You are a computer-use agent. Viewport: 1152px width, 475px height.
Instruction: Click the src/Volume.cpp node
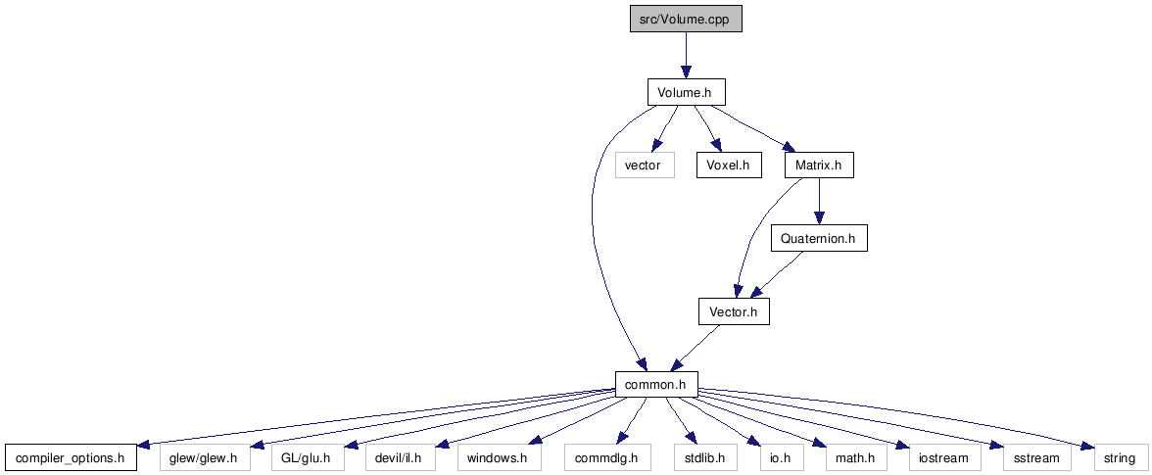686,20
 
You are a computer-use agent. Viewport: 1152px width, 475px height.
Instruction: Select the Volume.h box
686,93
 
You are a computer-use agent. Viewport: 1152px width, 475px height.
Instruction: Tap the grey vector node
645,166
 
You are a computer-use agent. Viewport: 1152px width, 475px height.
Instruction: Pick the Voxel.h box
729,166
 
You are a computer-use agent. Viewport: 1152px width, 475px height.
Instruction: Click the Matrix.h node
819,166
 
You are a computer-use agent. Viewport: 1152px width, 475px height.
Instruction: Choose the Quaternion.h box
819,238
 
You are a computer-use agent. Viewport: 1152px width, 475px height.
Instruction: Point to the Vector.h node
734,311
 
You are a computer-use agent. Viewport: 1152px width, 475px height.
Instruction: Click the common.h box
655,384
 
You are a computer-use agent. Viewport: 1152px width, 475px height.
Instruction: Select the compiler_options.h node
71,457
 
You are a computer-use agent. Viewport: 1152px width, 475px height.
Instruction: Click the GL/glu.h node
307,457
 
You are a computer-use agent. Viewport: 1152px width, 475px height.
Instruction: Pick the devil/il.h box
401,457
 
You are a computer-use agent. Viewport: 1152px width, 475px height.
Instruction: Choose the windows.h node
498,457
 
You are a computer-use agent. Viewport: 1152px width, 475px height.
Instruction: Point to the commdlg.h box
606,457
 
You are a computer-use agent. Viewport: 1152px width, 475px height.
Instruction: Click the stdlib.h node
704,457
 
